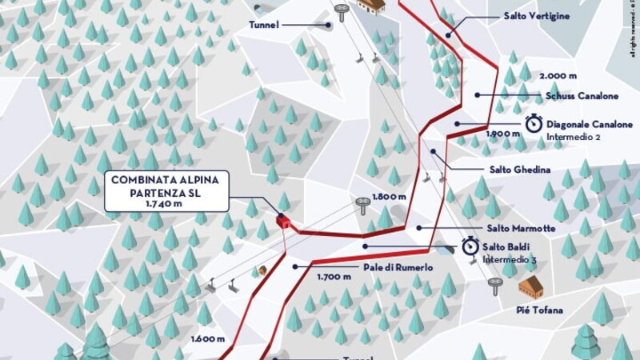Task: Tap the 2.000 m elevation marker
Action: tap(559, 75)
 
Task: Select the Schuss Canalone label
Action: tap(582, 96)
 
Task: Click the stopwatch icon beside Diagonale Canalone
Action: tap(534, 124)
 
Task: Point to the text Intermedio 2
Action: tap(574, 137)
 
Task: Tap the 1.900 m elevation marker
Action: tap(503, 134)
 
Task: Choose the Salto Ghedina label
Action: tap(519, 170)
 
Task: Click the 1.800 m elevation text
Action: tap(389, 197)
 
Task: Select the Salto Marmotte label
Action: tap(520, 229)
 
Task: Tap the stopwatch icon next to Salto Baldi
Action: tap(470, 247)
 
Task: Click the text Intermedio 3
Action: tap(510, 260)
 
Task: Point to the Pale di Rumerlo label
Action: tap(398, 268)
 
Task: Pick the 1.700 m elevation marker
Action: tap(334, 277)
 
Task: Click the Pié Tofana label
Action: tap(544, 310)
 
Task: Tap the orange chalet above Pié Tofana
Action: tap(530, 286)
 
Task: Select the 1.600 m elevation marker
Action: tap(207, 338)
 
